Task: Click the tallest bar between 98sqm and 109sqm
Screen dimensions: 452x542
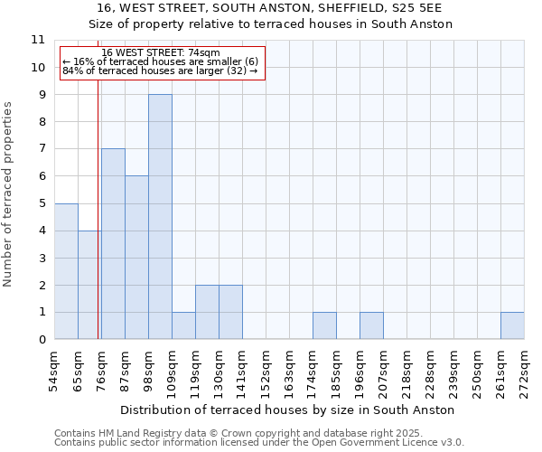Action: (x=160, y=217)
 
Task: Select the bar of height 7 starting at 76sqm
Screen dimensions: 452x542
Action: (x=113, y=244)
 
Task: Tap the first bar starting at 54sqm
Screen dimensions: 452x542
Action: (x=66, y=271)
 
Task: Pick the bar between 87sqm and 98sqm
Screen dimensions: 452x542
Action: (x=136, y=258)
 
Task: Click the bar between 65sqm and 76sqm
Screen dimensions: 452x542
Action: (x=89, y=285)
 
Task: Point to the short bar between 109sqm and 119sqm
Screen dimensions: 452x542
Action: (x=183, y=326)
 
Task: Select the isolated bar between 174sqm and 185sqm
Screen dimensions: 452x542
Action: (x=324, y=326)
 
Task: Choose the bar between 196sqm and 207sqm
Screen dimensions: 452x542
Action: (x=371, y=326)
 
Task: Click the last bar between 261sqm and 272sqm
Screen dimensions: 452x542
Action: (x=512, y=326)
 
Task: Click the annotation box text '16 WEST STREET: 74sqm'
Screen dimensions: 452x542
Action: (x=161, y=53)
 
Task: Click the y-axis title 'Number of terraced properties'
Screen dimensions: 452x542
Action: (x=8, y=194)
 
